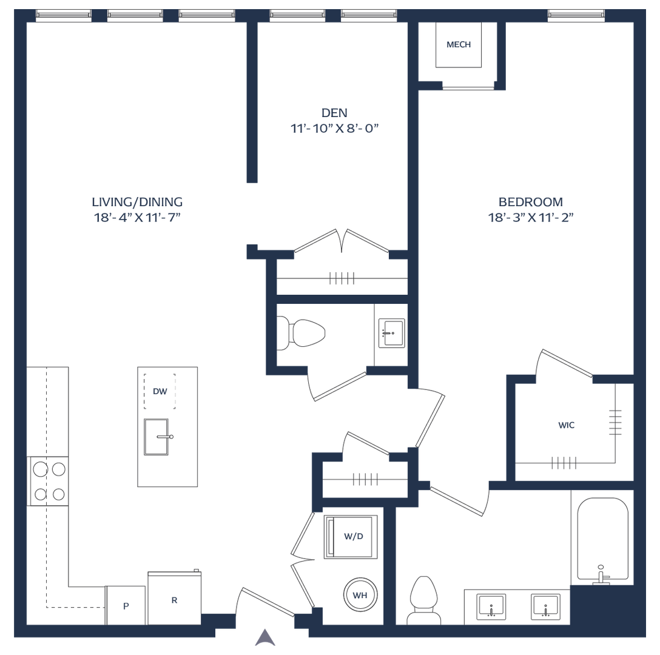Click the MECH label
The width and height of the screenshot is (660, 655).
click(459, 45)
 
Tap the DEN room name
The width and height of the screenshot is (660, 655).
click(334, 113)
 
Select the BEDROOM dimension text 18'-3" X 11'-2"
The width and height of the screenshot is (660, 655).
click(530, 217)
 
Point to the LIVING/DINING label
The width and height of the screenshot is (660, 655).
click(137, 202)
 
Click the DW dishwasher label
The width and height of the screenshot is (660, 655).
click(160, 392)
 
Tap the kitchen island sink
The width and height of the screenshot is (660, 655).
click(157, 437)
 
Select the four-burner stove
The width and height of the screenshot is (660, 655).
click(48, 481)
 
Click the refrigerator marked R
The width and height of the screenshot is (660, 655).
click(174, 598)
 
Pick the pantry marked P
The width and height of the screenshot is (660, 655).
click(126, 605)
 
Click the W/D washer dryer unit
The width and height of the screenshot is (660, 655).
click(351, 537)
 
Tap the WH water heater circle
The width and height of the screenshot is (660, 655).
click(360, 595)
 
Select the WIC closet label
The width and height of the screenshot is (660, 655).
click(566, 425)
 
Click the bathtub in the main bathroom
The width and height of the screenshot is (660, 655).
click(602, 540)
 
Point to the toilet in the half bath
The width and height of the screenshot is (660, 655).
click(301, 333)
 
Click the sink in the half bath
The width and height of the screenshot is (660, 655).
click(391, 333)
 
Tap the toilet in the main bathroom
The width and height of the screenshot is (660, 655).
click(424, 600)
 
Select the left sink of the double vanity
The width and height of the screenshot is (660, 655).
click(491, 606)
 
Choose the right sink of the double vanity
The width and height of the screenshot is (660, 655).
click(545, 606)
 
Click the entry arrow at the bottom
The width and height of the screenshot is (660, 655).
click(265, 637)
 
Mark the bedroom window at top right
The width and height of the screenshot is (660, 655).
click(576, 15)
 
